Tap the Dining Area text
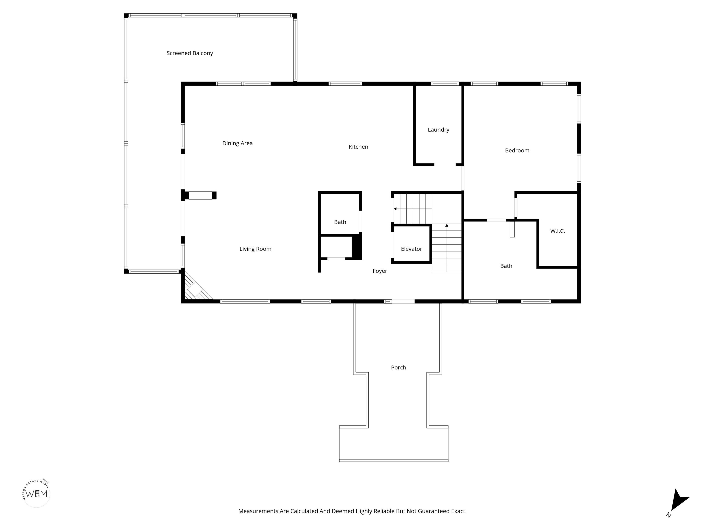pos(238,144)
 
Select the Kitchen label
pos(358,147)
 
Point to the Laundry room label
pos(439,130)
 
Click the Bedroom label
pos(517,151)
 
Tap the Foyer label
pos(380,271)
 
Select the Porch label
pos(398,368)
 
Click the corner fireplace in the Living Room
pos(196,287)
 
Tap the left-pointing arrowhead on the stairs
pos(395,209)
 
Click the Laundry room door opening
pos(445,165)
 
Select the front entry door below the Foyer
pos(403,301)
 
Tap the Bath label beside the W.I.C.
pos(506,266)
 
